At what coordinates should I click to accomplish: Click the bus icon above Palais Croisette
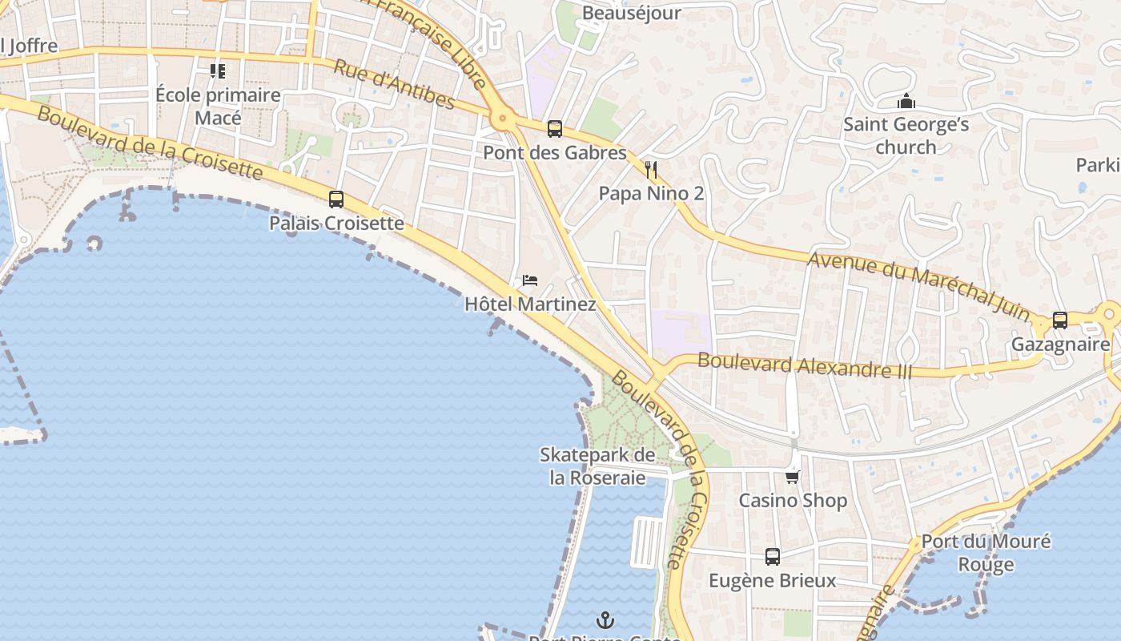click(x=336, y=200)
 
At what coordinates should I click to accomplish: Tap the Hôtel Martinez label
click(x=530, y=304)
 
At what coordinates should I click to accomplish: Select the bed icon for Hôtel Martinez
click(x=529, y=280)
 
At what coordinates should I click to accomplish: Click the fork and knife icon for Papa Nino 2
click(x=651, y=170)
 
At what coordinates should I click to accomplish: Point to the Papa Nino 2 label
click(x=651, y=194)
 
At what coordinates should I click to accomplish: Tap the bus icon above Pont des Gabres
click(x=554, y=129)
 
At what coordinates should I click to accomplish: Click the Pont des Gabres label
click(x=554, y=152)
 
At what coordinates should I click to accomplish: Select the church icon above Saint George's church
click(x=906, y=102)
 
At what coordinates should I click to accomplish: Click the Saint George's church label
click(x=906, y=136)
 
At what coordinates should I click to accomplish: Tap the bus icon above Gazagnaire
click(x=1060, y=320)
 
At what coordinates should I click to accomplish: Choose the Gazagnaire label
click(x=1060, y=345)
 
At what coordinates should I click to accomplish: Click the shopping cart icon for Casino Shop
click(x=792, y=477)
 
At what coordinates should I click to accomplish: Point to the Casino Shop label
click(x=792, y=501)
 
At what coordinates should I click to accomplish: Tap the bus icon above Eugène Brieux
click(x=773, y=556)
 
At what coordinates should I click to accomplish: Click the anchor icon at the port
click(x=605, y=619)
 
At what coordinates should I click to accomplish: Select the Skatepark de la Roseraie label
click(x=597, y=466)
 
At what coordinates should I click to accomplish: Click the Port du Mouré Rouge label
click(x=986, y=553)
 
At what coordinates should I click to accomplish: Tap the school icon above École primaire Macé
click(x=218, y=71)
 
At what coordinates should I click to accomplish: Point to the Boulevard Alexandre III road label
click(x=805, y=365)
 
